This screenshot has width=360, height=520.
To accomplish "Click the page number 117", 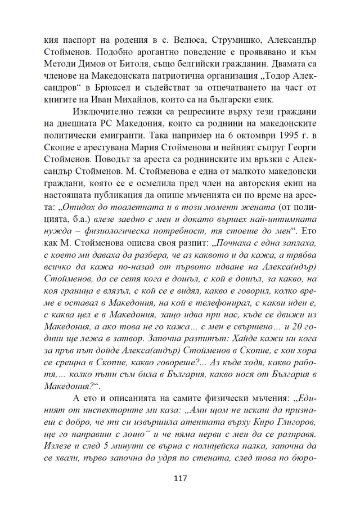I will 180,479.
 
